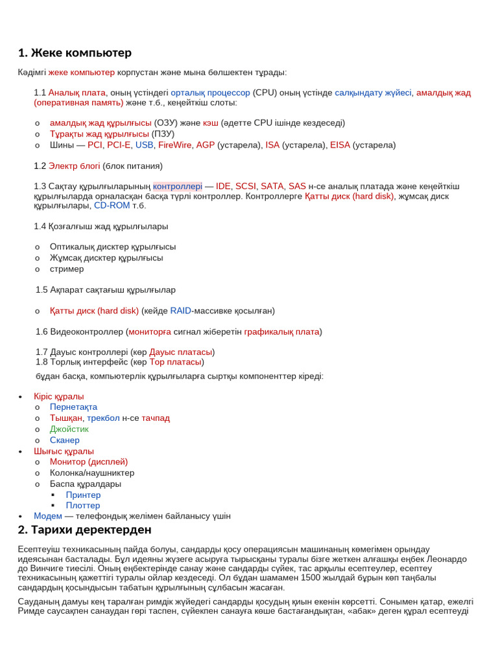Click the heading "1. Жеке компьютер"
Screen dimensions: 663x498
(x=75, y=53)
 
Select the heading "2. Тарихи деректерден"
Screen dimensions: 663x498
(x=84, y=530)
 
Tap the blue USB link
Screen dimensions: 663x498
(x=144, y=145)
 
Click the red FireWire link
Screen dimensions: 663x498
(x=175, y=145)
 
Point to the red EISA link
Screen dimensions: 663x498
(x=340, y=145)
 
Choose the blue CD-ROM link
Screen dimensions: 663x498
(x=112, y=205)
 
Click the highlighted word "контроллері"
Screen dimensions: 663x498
(x=178, y=186)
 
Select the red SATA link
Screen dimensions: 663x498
(x=272, y=186)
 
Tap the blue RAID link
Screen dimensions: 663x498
(x=180, y=311)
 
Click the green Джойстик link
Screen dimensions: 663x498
(x=69, y=429)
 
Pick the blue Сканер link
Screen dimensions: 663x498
(x=64, y=440)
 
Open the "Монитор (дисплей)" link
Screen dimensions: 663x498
(x=88, y=462)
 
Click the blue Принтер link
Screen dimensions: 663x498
(x=83, y=495)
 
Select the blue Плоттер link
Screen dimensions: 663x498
(x=83, y=506)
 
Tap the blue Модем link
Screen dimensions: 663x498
(x=48, y=516)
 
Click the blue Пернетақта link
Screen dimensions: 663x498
(x=73, y=407)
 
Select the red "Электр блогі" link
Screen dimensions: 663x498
(x=74, y=166)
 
